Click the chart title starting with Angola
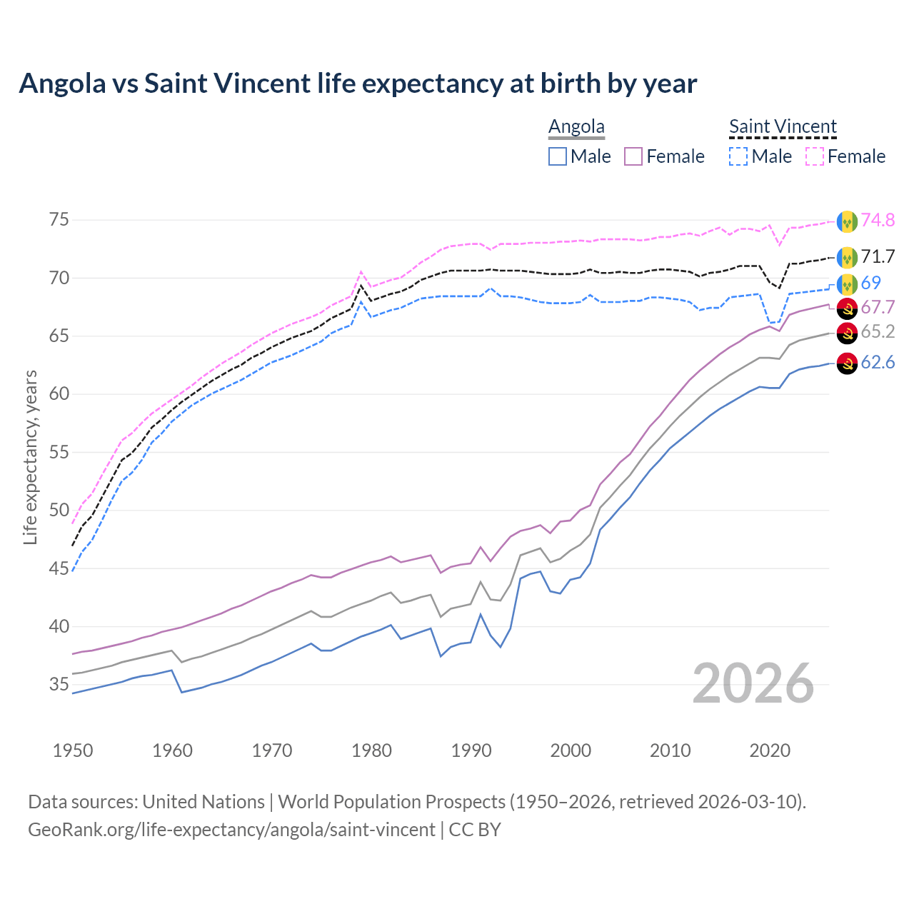[x=358, y=84]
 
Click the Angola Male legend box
[x=558, y=156]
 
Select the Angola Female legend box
[x=634, y=156]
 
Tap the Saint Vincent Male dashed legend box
[x=738, y=156]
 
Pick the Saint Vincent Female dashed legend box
[x=815, y=156]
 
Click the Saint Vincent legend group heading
[x=783, y=126]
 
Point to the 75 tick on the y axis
[x=59, y=219]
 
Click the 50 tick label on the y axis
[x=59, y=510]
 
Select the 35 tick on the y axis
[x=59, y=684]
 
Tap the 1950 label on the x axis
[x=73, y=750]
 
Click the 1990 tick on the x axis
[x=471, y=750]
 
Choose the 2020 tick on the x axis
[x=770, y=750]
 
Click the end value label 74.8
[x=878, y=220]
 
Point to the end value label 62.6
[x=878, y=363]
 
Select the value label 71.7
[x=878, y=256]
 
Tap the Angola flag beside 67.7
[x=847, y=308]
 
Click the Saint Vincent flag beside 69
[x=847, y=283]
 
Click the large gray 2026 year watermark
[x=753, y=683]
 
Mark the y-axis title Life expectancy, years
[x=30, y=457]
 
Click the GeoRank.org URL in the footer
[x=231, y=830]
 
